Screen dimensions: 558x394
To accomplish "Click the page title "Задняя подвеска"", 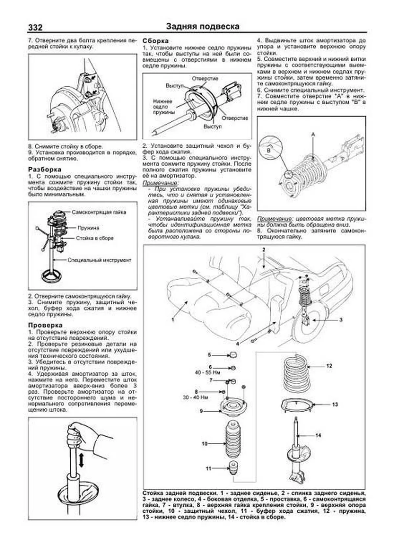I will point(203,26).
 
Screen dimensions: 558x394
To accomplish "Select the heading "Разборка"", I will point(45,170).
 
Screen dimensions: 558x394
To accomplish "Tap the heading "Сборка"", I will point(156,41).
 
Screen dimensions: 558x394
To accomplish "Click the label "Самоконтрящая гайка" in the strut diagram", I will point(99,212).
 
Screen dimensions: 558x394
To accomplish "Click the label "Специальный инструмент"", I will point(99,260).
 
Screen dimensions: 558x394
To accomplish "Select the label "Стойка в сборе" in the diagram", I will point(95,238).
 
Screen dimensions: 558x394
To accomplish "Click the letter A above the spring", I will point(313,135).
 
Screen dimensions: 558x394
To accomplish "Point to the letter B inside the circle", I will point(268,150).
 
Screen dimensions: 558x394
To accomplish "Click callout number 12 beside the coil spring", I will point(329,366).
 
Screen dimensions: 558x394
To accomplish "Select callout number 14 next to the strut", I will point(318,435).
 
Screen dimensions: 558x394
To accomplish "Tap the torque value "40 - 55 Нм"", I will point(207,373).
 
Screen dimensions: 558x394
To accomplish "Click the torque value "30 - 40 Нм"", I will point(195,397).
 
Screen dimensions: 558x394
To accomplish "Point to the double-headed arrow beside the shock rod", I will point(81,460).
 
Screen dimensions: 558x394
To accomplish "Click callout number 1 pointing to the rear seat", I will point(172,319).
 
